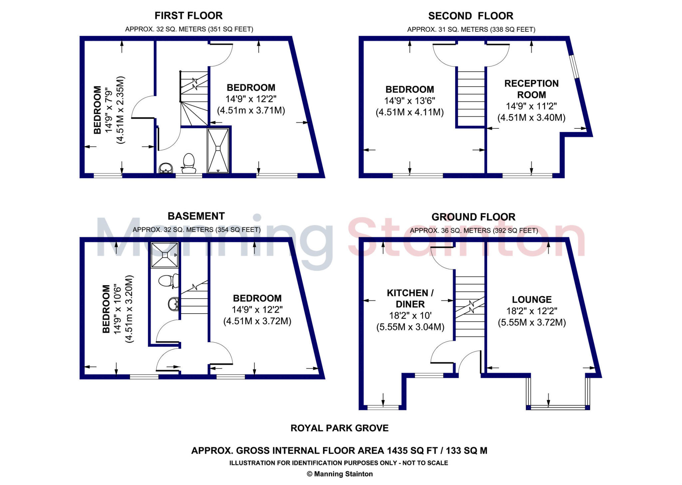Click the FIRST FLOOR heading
pos(188,16)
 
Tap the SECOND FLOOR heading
pos(471,16)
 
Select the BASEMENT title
pos(196,216)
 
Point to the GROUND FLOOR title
pos(473,217)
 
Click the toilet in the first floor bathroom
pos(189,163)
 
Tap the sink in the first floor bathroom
pos(166,168)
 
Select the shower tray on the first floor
pos(218,150)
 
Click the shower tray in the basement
pos(165,255)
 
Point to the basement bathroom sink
pos(173,304)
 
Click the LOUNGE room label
pos(532,300)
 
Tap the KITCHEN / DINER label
pos(410,299)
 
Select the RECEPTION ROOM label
pos(531,89)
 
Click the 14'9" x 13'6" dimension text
pos(410,101)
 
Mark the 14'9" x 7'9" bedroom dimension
pos(109,110)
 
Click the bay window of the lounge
pos(558,407)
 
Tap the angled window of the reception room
pos(573,67)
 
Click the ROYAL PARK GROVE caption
pos(339,428)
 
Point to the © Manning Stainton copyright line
pos(339,474)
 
